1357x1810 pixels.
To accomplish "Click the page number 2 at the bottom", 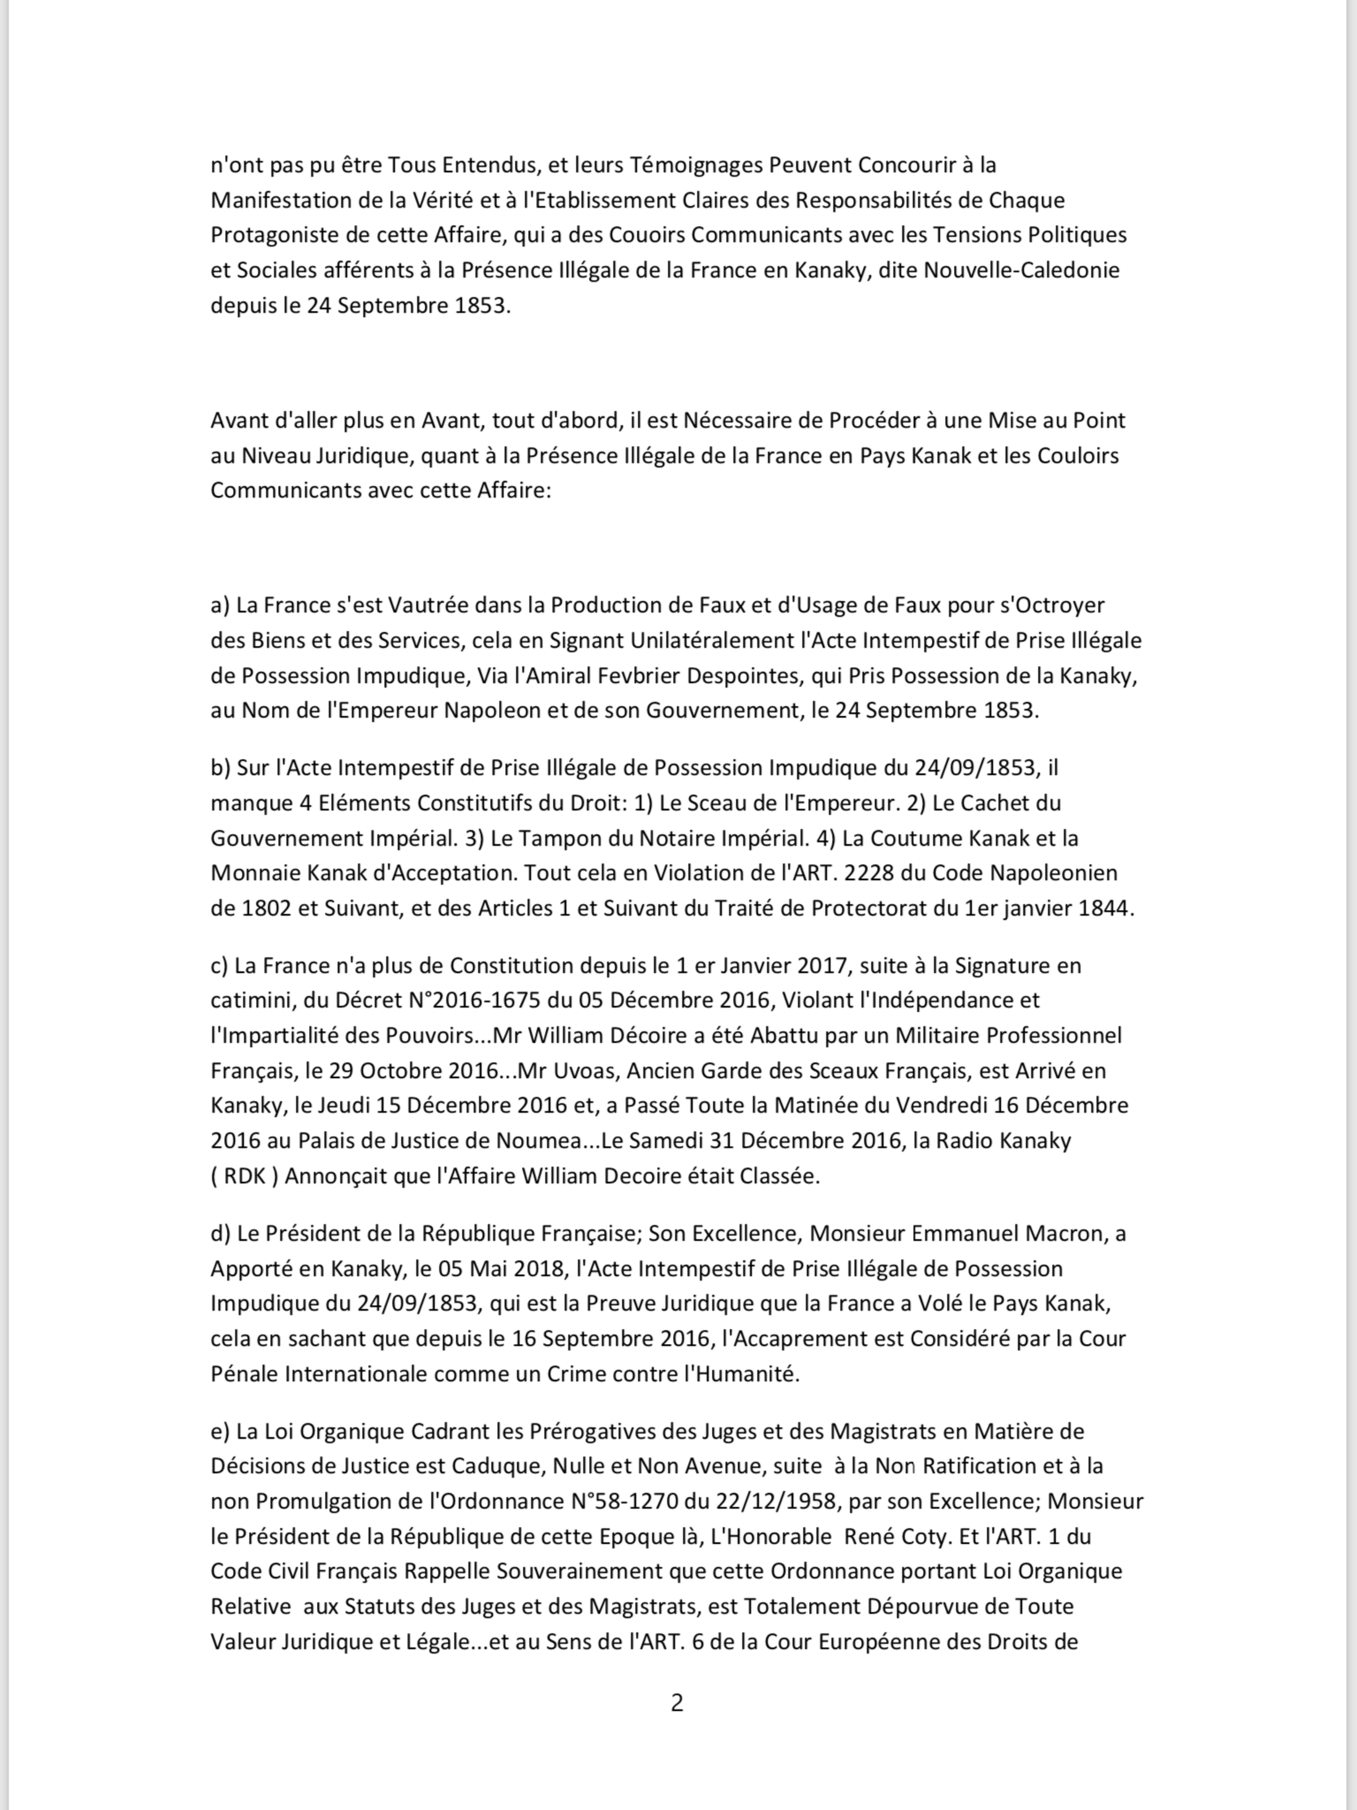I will [x=677, y=1703].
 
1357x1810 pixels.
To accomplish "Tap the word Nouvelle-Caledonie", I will [x=1021, y=270].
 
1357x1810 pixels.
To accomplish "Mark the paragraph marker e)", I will [x=221, y=1431].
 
